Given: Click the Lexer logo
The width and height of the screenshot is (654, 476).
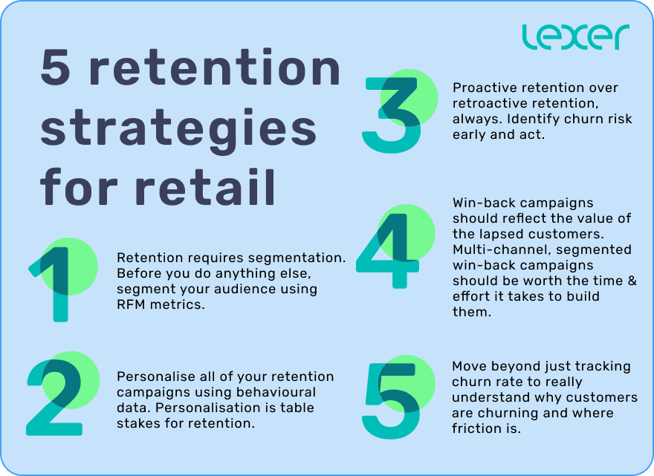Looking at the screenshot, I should click(575, 37).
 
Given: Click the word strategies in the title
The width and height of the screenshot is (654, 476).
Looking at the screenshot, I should click(178, 128).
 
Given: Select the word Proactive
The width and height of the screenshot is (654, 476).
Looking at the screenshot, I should click(482, 88).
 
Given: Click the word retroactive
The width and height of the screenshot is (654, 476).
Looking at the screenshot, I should click(487, 103).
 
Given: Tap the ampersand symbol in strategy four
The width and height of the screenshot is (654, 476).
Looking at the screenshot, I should click(631, 281).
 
